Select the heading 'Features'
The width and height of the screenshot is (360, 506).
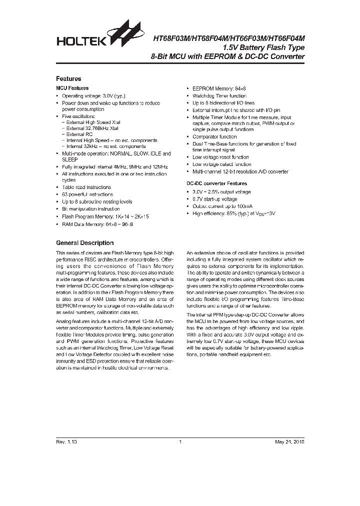pyautogui.click(x=68, y=78)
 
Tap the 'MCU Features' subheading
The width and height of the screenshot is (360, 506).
pyautogui.click(x=72, y=88)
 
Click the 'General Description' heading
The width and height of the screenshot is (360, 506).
pyautogui.click(x=84, y=243)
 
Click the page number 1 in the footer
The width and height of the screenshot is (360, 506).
pyautogui.click(x=179, y=442)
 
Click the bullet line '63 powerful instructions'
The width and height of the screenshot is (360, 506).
pyautogui.click(x=87, y=194)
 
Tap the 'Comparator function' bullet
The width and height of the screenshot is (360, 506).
pyautogui.click(x=214, y=136)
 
